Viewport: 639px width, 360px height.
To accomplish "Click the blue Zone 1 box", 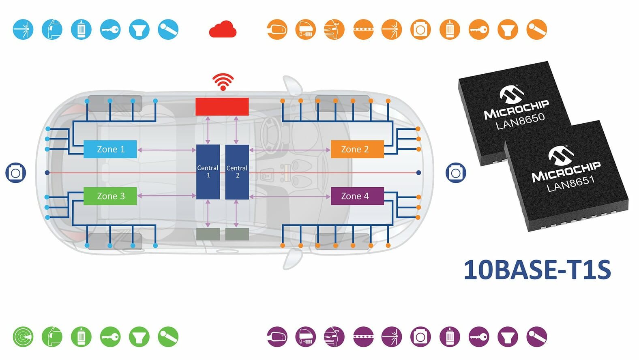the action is point(110,149).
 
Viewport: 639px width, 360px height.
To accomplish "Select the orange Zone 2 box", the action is point(357,149).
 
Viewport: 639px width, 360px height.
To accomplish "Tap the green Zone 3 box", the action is point(110,196).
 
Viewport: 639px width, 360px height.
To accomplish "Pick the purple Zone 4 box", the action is point(357,196).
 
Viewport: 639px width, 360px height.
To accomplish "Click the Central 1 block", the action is point(208,172).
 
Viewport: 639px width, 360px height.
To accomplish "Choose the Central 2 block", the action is point(237,172).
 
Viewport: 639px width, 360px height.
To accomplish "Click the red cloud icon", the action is point(223,29).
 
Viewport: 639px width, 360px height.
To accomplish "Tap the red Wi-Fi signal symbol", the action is point(223,82).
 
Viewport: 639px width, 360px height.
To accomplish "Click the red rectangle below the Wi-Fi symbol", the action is point(222,107).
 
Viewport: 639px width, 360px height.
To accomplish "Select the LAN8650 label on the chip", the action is point(520,121).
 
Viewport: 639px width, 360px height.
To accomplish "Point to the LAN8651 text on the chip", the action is point(570,183).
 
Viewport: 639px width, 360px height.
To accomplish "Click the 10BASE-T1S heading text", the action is point(537,270).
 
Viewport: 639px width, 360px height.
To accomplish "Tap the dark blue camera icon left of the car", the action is point(16,173).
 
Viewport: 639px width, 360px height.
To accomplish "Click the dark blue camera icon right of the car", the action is point(456,173).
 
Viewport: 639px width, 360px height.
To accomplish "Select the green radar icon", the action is point(23,336).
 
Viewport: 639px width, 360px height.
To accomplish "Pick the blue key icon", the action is point(110,29).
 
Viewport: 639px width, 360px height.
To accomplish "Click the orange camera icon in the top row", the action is point(420,29).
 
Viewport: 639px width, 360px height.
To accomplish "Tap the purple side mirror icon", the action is point(277,336).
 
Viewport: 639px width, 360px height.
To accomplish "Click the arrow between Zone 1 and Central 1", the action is point(167,150).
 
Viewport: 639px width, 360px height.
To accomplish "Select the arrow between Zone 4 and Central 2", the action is point(290,197).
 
